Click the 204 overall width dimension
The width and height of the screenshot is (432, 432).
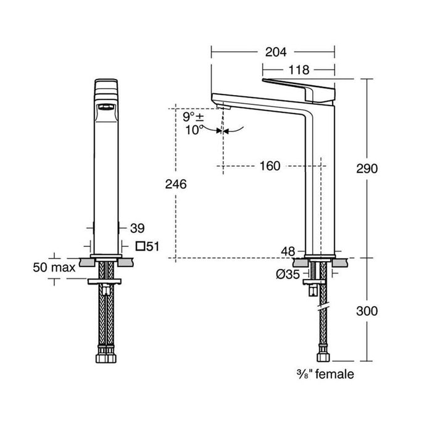pyautogui.click(x=276, y=52)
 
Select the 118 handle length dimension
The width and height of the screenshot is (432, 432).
pyautogui.click(x=299, y=70)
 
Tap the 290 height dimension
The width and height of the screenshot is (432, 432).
pyautogui.click(x=367, y=168)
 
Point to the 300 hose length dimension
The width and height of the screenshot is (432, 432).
pyautogui.click(x=367, y=311)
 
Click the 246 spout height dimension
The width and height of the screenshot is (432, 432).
pyautogui.click(x=176, y=184)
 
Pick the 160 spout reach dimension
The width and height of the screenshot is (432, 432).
pyautogui.click(x=270, y=166)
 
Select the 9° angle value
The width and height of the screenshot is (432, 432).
pyautogui.click(x=189, y=117)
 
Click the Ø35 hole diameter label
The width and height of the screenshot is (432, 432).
pyautogui.click(x=288, y=275)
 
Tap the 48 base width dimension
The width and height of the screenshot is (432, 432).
pyautogui.click(x=288, y=251)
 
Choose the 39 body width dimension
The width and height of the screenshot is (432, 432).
pyautogui.click(x=137, y=228)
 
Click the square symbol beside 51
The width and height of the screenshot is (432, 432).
pyautogui.click(x=141, y=246)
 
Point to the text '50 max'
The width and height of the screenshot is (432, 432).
pyautogui.click(x=54, y=267)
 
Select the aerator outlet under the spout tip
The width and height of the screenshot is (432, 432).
pyautogui.click(x=223, y=106)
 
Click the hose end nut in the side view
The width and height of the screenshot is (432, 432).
pyautogui.click(x=323, y=357)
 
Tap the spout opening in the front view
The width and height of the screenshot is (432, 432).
pyautogui.click(x=106, y=107)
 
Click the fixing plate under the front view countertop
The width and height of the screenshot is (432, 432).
pyautogui.click(x=104, y=281)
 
